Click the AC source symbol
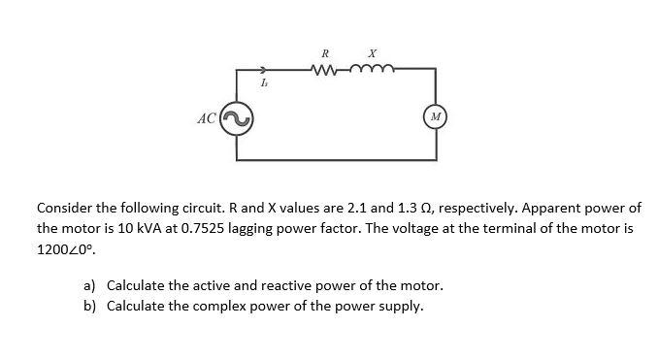[x=237, y=118]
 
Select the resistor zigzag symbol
[x=325, y=68]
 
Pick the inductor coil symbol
[x=370, y=68]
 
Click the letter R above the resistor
[x=325, y=51]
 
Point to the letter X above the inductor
[x=372, y=51]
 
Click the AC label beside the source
[x=206, y=119]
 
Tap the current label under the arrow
[x=264, y=84]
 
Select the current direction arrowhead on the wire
[x=263, y=69]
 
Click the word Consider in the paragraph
[x=65, y=209]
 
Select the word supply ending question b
[x=400, y=307]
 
